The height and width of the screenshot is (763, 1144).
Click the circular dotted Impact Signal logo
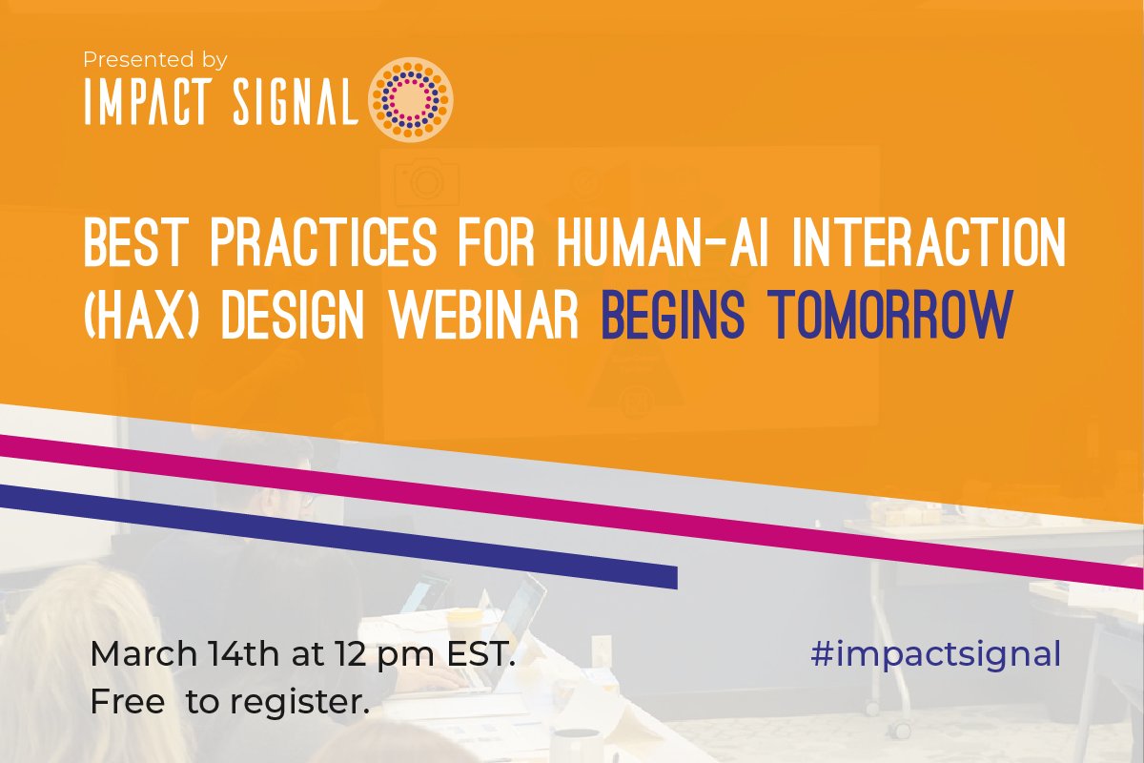click(x=410, y=98)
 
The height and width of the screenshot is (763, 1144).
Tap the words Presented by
click(x=154, y=60)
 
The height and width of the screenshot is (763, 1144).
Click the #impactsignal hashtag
click(x=935, y=655)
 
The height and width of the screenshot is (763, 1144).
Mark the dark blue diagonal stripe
click(x=381, y=540)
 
